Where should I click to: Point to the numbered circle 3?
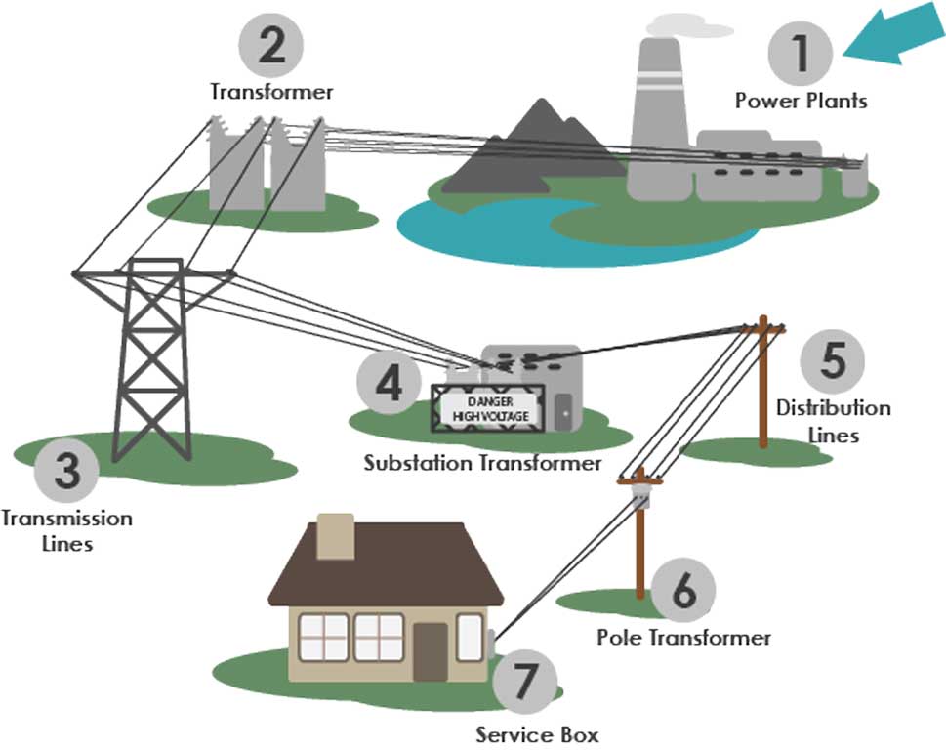(x=65, y=473)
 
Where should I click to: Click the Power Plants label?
(x=801, y=101)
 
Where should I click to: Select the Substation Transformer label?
(x=482, y=463)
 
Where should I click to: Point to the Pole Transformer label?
(x=683, y=638)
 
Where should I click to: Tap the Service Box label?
(x=537, y=733)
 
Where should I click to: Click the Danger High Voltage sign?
(x=484, y=408)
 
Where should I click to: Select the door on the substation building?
(x=564, y=412)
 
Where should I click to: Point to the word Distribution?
(x=833, y=407)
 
